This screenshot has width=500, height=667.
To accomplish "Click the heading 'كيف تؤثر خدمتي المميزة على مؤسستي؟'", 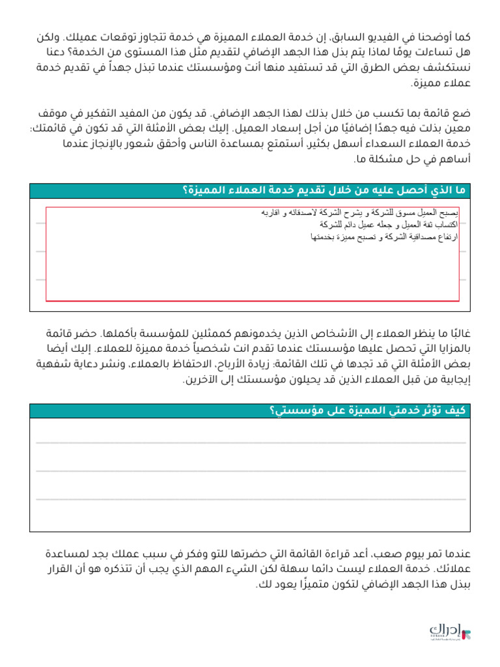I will [367, 410].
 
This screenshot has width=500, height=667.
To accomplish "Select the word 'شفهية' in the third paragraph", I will [55, 365].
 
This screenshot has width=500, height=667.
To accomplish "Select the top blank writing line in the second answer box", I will [250, 443].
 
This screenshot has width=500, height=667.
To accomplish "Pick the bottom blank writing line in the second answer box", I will [250, 499].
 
